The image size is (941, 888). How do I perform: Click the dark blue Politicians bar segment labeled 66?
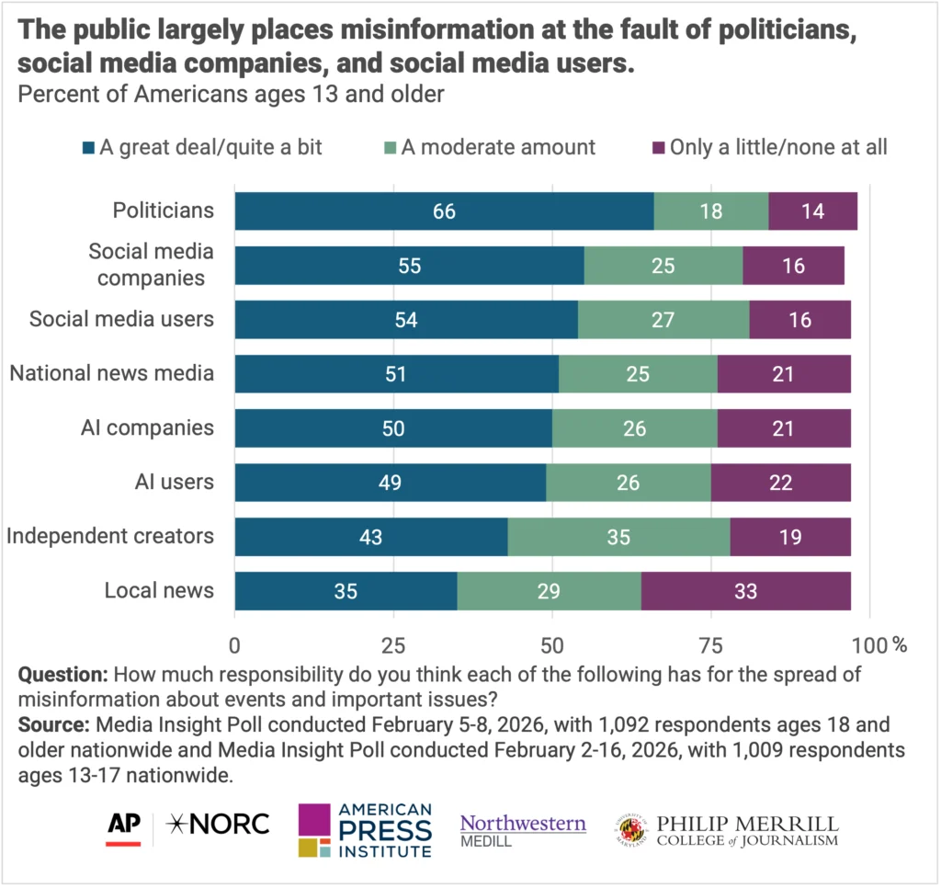point(444,211)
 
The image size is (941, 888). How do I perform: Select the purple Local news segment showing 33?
point(745,591)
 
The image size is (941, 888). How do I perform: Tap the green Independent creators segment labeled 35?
point(618,537)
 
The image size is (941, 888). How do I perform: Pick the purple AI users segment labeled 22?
point(780,483)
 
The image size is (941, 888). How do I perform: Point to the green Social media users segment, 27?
point(663,319)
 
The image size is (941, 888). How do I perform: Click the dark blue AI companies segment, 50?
point(393,428)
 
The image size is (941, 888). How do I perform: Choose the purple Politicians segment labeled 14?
point(812,211)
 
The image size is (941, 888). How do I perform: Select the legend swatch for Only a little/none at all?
point(657,147)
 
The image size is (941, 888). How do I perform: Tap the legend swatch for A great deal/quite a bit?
point(88,147)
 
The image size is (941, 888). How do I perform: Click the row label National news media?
point(111,373)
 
